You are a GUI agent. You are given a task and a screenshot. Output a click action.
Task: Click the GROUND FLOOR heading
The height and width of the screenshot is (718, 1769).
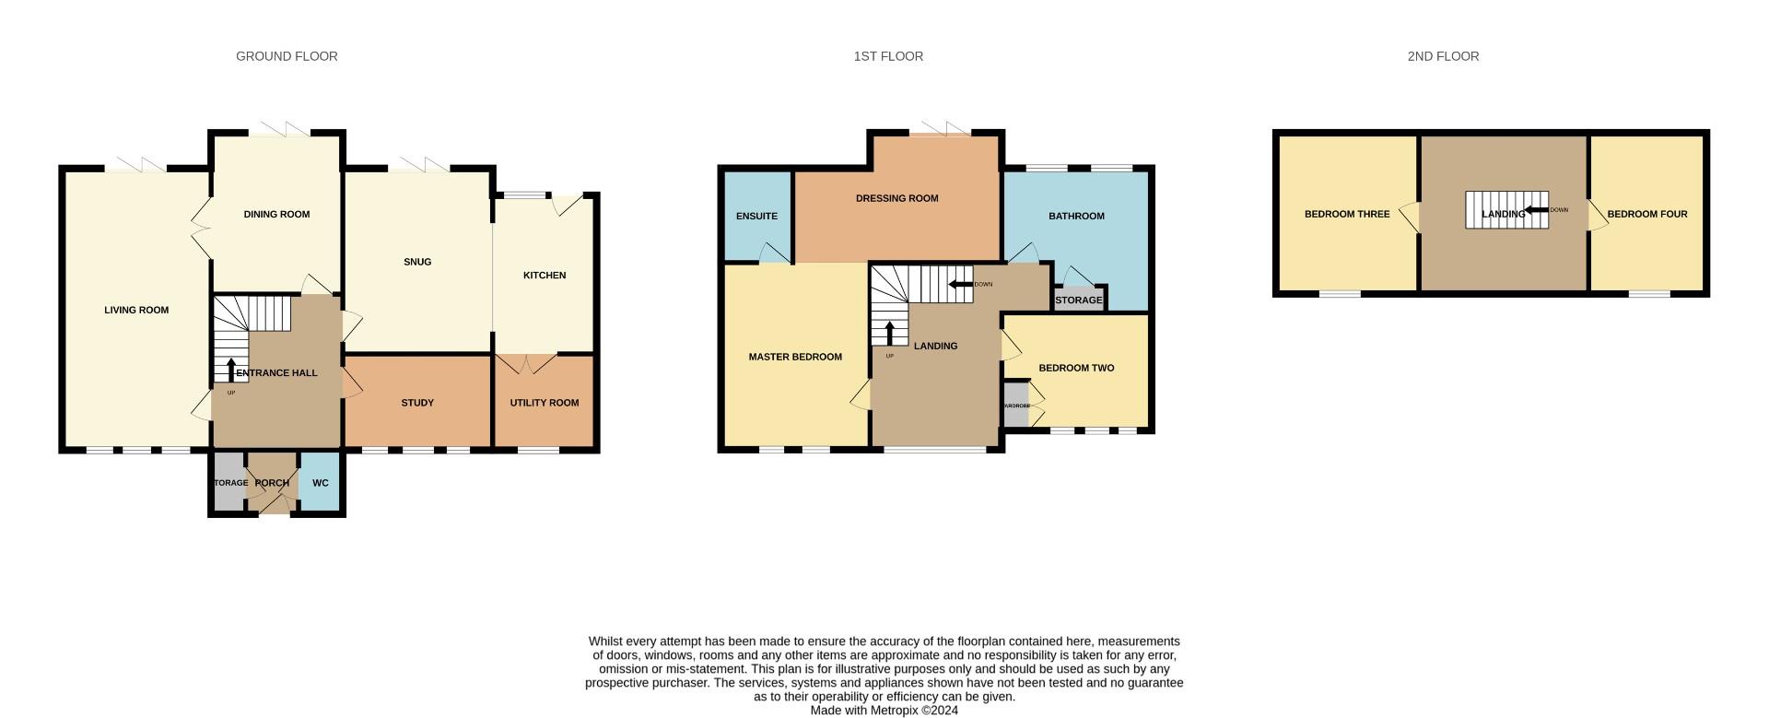pyautogui.click(x=287, y=56)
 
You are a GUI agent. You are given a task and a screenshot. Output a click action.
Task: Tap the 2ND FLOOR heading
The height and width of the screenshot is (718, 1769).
pyautogui.click(x=1443, y=56)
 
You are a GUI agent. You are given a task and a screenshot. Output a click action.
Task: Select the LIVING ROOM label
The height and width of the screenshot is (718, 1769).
pyautogui.click(x=136, y=311)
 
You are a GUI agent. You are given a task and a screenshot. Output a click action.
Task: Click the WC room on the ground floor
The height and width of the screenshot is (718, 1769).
pyautogui.click(x=321, y=483)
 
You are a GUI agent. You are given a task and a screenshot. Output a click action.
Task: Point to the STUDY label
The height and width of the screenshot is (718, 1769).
pyautogui.click(x=417, y=403)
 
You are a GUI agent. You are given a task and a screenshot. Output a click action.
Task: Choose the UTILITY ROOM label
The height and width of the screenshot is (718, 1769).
pyautogui.click(x=545, y=403)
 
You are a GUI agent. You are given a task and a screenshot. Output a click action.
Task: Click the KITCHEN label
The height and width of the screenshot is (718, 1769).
pyautogui.click(x=545, y=276)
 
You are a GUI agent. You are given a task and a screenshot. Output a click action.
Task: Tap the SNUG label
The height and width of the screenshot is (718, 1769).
pyautogui.click(x=417, y=262)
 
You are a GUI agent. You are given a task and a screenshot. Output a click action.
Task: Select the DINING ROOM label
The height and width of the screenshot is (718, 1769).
pyautogui.click(x=276, y=215)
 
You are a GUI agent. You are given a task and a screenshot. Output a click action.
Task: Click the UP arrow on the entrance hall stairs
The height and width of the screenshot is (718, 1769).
pyautogui.click(x=231, y=369)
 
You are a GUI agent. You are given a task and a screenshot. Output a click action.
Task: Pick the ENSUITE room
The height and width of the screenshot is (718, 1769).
pyautogui.click(x=756, y=217)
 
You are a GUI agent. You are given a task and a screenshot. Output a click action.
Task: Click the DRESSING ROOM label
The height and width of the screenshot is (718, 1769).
pyautogui.click(x=896, y=198)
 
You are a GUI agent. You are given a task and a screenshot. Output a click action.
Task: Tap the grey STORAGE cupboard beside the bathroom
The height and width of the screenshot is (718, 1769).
pyautogui.click(x=1078, y=300)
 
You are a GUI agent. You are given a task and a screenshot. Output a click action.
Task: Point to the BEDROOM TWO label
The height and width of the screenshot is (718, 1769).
pyautogui.click(x=1076, y=368)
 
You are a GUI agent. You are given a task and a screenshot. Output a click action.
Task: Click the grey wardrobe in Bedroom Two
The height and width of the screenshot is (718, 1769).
pyautogui.click(x=1016, y=406)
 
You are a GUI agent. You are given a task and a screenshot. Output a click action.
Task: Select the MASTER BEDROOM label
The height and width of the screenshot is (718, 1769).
pyautogui.click(x=795, y=357)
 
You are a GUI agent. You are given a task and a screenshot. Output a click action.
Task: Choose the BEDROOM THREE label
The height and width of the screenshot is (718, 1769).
pyautogui.click(x=1346, y=215)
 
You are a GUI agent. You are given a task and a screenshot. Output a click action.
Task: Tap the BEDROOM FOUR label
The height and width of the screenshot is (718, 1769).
pyautogui.click(x=1647, y=215)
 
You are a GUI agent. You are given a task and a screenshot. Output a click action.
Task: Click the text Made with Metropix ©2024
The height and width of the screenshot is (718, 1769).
pyautogui.click(x=884, y=711)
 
